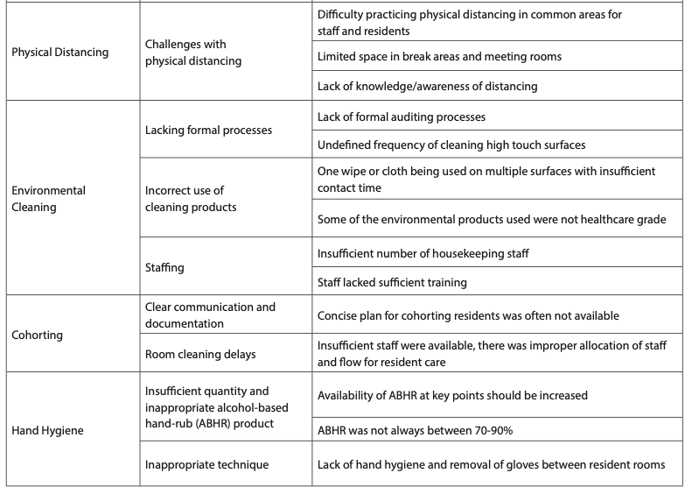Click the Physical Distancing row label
[x=60, y=53]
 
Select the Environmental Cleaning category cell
[x=48, y=197]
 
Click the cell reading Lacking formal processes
[x=208, y=130]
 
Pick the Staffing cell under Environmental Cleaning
[x=165, y=267]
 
